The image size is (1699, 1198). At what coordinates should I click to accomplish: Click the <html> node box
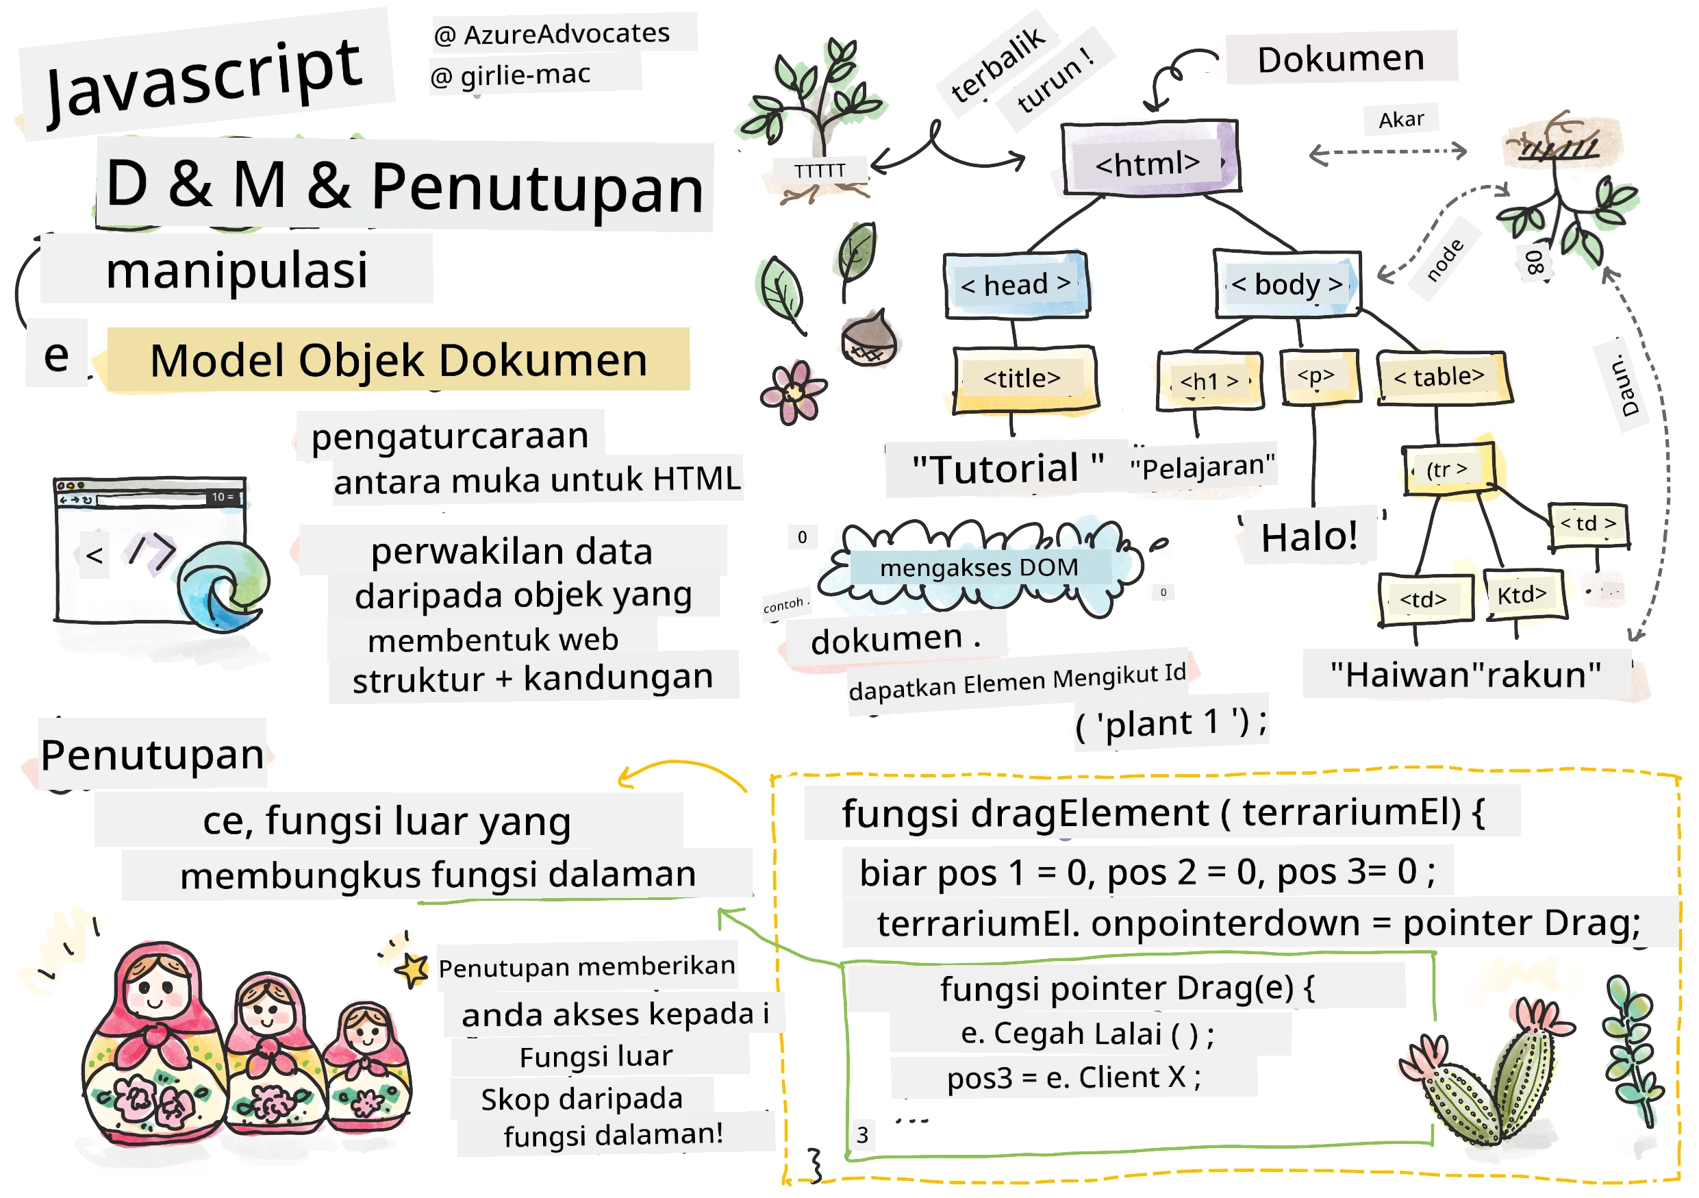point(1150,158)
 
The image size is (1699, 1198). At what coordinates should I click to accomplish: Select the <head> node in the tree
point(1016,285)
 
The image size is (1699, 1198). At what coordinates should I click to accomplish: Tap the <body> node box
point(1287,284)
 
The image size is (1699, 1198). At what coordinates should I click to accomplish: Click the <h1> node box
point(1210,380)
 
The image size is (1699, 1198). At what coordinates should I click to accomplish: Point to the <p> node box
point(1320,377)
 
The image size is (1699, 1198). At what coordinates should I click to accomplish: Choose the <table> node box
point(1443,377)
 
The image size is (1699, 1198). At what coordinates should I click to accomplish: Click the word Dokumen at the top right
point(1341,58)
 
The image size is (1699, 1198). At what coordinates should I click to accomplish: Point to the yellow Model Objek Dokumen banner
point(399,360)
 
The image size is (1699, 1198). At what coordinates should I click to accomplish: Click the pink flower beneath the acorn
point(793,392)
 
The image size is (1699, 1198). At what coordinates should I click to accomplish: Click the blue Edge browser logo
point(223,586)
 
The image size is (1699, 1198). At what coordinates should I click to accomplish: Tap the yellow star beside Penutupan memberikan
point(412,969)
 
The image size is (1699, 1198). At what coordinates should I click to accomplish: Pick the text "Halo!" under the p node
point(1309,536)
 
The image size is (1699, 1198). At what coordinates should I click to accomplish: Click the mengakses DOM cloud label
point(979,569)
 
